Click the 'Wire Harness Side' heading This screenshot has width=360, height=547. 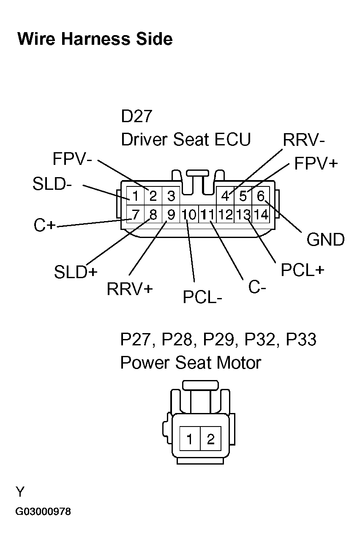coord(95,39)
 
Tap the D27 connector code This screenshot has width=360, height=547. coord(136,117)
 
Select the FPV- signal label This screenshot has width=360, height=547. coord(72,159)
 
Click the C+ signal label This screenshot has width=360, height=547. coord(44,225)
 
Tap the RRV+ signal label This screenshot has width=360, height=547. coord(129,289)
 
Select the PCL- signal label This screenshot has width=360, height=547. coord(202,297)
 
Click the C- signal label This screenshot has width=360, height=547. coord(257,287)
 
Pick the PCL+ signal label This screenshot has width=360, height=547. coord(303,270)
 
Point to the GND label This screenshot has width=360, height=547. coord(325,240)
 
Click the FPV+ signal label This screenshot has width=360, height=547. coord(316,164)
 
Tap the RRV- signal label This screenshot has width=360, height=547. coord(304,139)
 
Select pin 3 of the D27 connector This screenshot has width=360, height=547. coord(171,196)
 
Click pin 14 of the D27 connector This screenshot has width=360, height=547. coord(261,215)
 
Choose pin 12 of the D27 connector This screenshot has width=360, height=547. coord(225,215)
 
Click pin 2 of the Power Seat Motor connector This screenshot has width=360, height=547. coord(210,440)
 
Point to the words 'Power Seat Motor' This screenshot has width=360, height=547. coord(191,363)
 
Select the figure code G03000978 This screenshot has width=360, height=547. coord(43,512)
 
